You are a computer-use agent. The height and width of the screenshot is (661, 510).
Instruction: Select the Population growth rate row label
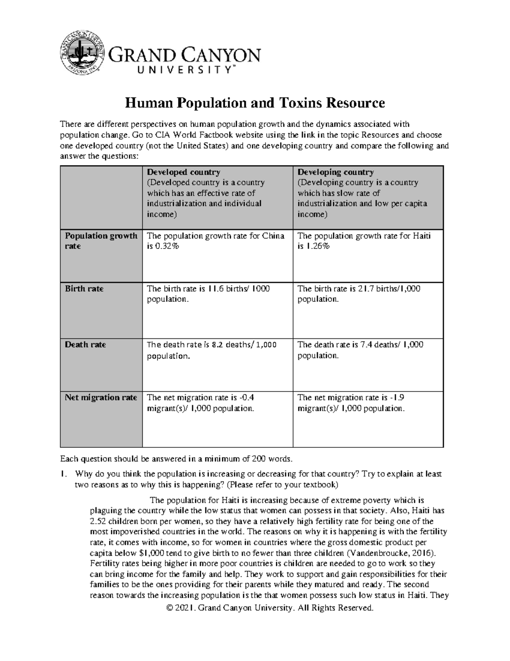click(x=101, y=241)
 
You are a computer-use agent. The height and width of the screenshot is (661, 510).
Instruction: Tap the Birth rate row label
click(x=84, y=289)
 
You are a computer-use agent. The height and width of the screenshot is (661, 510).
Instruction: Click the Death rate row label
click(x=85, y=345)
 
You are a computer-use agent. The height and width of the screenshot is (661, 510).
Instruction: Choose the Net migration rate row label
click(x=101, y=398)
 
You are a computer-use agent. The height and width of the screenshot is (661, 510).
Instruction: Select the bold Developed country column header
click(x=183, y=172)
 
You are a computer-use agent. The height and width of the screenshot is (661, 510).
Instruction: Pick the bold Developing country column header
click(x=335, y=172)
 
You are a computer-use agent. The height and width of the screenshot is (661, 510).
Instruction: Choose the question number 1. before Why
click(x=64, y=474)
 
